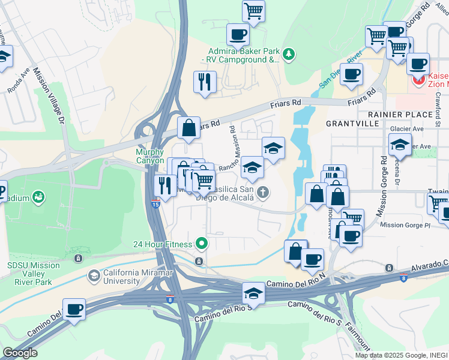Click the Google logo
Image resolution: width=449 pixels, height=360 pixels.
20,352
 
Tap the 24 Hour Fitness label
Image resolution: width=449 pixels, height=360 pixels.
163,244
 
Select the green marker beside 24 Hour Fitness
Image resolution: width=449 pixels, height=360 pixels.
202,244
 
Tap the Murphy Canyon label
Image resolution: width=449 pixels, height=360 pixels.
149,157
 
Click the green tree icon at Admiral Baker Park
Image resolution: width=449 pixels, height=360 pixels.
289,55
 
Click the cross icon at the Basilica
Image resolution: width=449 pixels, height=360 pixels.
262,193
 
